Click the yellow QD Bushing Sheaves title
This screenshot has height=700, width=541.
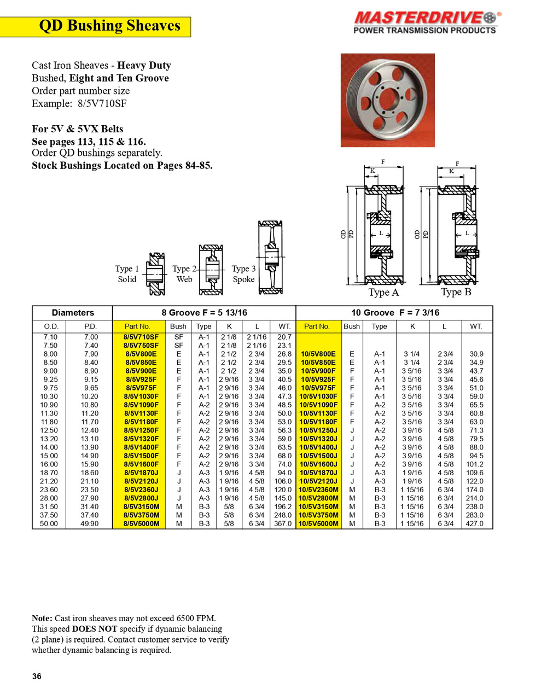point(109,26)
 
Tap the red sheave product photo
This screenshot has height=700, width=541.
point(387,100)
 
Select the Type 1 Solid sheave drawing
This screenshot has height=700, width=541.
point(155,273)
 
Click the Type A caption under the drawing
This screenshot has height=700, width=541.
point(383,293)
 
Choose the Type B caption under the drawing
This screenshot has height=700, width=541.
point(456,293)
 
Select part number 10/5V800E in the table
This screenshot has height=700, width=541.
point(318,354)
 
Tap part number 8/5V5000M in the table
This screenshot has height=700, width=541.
point(141,524)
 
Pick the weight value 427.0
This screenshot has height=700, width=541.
point(474,524)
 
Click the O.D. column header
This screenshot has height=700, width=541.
point(51,326)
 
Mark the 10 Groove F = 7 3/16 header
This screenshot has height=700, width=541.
point(395,313)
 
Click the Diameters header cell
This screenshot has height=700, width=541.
point(73,313)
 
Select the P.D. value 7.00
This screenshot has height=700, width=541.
point(91,337)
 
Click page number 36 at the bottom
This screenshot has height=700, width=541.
point(37,676)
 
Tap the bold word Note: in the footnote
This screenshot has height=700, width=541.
point(42,619)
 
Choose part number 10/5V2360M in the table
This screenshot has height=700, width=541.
point(318,490)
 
